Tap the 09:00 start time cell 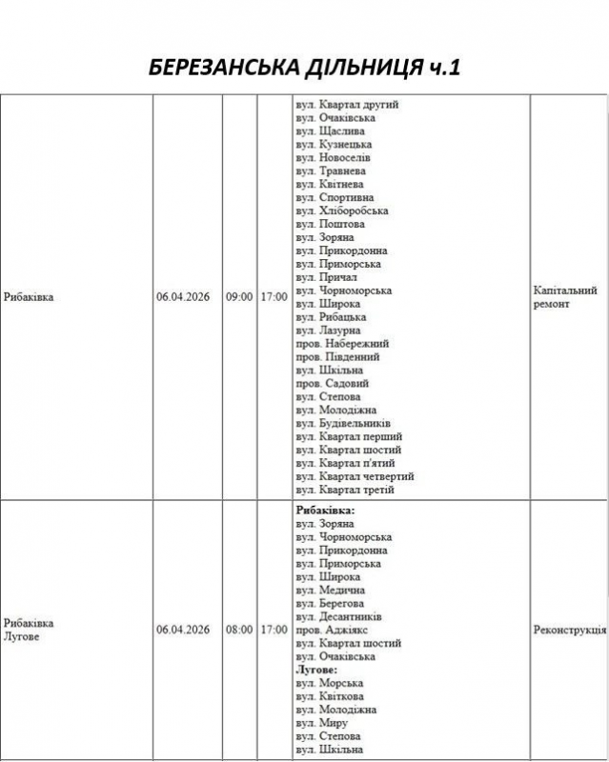(x=239, y=297)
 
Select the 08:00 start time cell (x=239, y=630)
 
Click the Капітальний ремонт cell (x=565, y=297)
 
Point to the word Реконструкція (x=570, y=630)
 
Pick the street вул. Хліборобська (x=342, y=211)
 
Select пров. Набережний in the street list (x=342, y=344)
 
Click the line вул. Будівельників (x=344, y=423)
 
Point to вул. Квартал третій (x=345, y=490)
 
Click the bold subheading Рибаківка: (x=326, y=511)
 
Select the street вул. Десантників (x=339, y=616)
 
